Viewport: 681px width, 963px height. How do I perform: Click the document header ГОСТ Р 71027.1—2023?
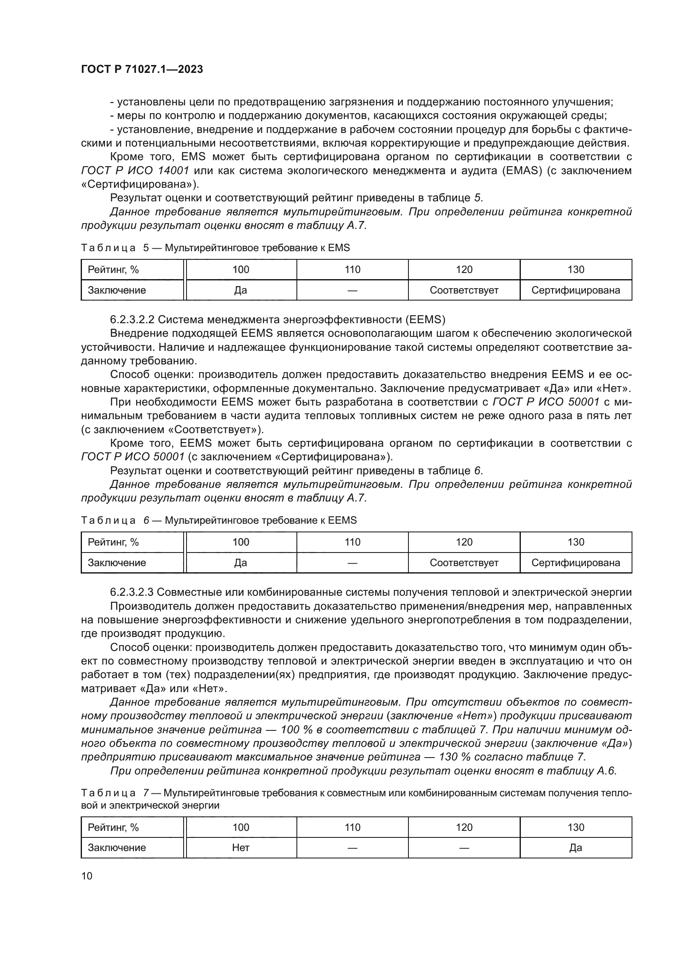(x=142, y=69)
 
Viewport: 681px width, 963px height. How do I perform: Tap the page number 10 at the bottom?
(x=87, y=876)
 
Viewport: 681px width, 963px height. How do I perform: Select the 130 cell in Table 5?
(x=576, y=269)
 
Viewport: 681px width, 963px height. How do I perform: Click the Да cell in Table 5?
(x=241, y=290)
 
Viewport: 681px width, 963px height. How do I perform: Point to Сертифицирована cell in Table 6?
(x=576, y=563)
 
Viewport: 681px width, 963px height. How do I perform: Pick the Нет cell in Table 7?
(x=241, y=848)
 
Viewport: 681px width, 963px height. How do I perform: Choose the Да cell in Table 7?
(x=576, y=848)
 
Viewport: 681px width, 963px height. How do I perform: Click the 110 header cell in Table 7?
(x=352, y=827)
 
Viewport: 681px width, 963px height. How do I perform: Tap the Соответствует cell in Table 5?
(x=464, y=290)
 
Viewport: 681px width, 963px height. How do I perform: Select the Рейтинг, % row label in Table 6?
(x=113, y=542)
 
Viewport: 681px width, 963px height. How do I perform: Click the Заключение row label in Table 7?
(x=117, y=848)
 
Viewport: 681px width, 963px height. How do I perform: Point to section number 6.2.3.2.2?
(x=132, y=319)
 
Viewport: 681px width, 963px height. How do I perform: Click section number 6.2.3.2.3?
(x=132, y=592)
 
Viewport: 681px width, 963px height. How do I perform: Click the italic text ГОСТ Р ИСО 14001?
(x=135, y=171)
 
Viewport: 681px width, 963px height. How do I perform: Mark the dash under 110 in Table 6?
(x=352, y=563)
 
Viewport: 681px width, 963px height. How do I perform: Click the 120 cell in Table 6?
(x=464, y=542)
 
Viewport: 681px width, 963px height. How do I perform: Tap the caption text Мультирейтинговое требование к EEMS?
(x=260, y=520)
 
